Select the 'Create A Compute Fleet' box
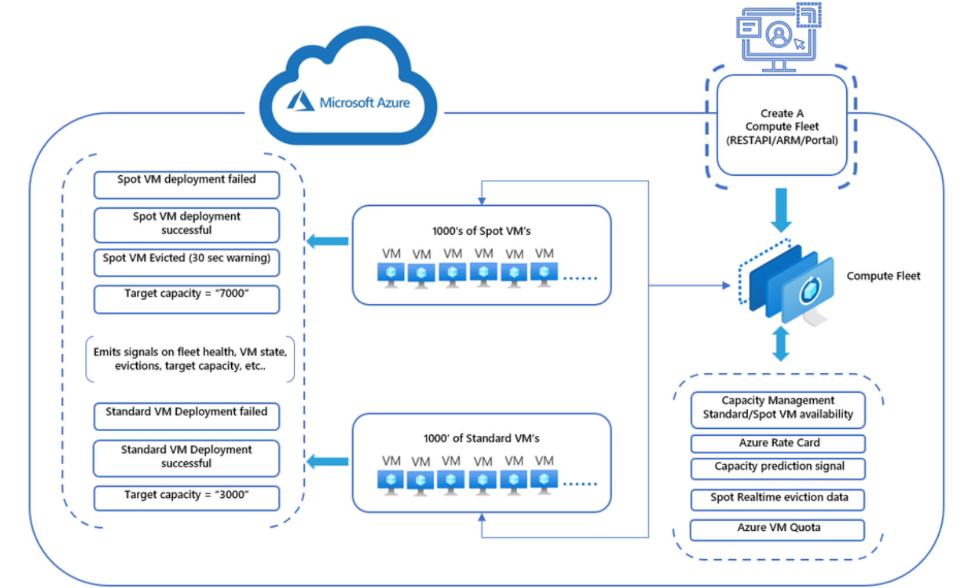[x=781, y=126]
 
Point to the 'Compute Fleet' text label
[x=883, y=276]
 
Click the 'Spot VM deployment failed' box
[x=186, y=184]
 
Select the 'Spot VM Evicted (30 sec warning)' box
[x=186, y=262]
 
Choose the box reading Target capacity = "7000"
[x=186, y=298]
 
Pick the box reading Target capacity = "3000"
[x=186, y=497]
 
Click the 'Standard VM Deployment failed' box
[x=186, y=416]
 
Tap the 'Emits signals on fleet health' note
[x=190, y=359]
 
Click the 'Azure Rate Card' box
[x=778, y=443]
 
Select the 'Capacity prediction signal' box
[x=778, y=468]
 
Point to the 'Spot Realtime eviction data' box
[x=778, y=499]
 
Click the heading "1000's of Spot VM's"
[x=481, y=231]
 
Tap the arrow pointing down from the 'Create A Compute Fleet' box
[x=781, y=210]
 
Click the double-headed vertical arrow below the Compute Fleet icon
[x=781, y=344]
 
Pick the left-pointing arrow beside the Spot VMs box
[x=328, y=241]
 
